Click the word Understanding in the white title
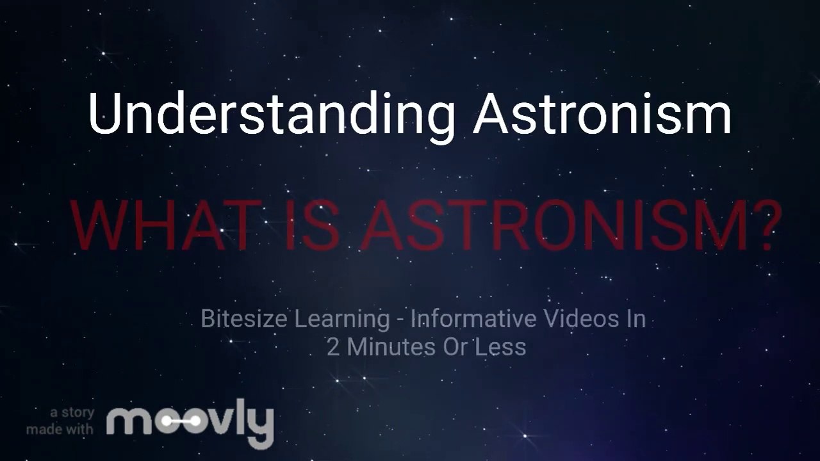[272, 114]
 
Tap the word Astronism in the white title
[602, 114]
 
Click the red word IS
[311, 225]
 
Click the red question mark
[762, 225]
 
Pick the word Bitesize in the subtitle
[244, 318]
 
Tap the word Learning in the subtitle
[341, 318]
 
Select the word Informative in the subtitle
[470, 318]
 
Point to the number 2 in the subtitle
[333, 347]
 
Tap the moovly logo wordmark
[190, 422]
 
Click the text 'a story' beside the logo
[72, 412]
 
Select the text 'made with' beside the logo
[60, 429]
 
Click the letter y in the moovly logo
[261, 426]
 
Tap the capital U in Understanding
[104, 114]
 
